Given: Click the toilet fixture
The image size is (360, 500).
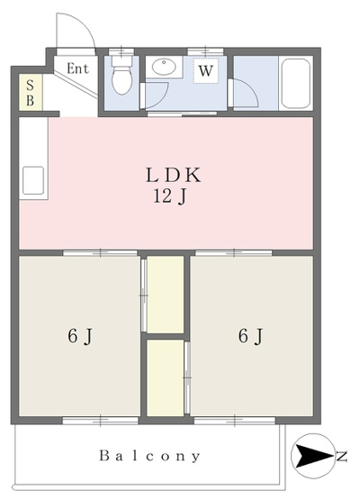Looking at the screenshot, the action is [121, 76].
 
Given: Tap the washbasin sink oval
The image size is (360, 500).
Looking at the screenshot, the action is [164, 67].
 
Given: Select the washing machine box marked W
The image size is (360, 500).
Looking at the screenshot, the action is [205, 70].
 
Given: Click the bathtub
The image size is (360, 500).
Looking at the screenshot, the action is [295, 83].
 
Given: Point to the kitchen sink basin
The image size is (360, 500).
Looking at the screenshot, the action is [33, 180].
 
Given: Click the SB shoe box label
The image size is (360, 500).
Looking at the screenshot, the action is [30, 93].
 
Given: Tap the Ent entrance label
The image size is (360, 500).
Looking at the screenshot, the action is [77, 68].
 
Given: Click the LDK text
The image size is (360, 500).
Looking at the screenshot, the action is [174, 175].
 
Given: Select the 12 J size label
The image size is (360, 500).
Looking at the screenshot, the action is [170, 196].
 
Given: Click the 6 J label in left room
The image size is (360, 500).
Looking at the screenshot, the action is [80, 336].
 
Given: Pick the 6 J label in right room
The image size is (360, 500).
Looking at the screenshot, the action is [251, 336].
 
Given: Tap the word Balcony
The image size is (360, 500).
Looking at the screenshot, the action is [149, 456].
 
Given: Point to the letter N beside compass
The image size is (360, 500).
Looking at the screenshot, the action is [341, 457].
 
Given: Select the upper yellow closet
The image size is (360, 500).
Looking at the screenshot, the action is [165, 295].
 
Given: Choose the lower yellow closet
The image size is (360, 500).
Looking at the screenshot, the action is [165, 377].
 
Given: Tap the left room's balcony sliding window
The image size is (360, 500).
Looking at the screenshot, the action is [100, 421].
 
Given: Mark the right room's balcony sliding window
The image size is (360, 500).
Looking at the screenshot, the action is [235, 421].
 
